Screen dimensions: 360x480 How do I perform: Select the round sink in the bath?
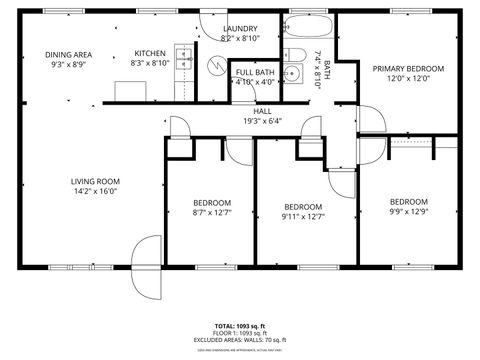[x=293, y=74]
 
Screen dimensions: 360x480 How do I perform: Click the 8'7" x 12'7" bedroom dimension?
[x=211, y=211]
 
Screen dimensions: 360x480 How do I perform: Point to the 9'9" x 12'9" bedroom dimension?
[x=408, y=211]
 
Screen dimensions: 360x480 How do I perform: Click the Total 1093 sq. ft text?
[x=239, y=326]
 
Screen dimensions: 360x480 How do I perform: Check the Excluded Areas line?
[x=239, y=340]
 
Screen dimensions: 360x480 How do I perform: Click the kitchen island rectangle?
[x=131, y=91]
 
